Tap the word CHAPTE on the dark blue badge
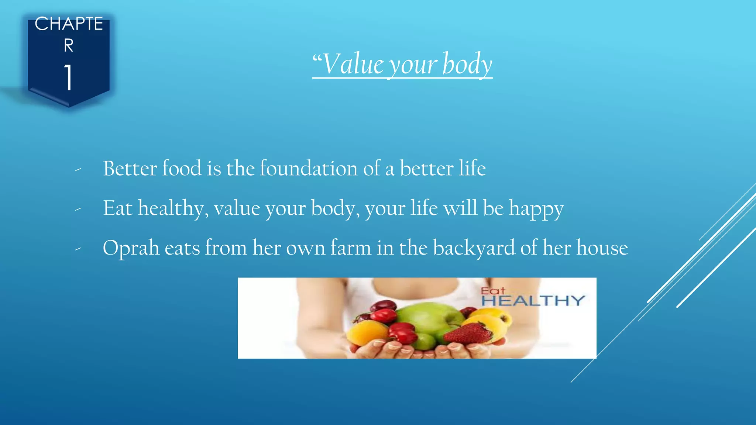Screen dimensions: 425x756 click(x=69, y=24)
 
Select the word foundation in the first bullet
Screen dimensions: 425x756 click(x=309, y=169)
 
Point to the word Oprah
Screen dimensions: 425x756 click(x=131, y=248)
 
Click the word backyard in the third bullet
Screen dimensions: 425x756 click(x=474, y=248)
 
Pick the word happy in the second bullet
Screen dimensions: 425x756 click(x=536, y=209)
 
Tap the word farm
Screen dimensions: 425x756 click(x=350, y=248)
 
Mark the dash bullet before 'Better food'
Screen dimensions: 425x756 click(x=78, y=170)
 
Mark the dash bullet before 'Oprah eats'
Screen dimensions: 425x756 click(x=78, y=249)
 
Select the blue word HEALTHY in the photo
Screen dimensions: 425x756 click(x=533, y=301)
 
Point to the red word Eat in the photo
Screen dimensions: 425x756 click(x=492, y=291)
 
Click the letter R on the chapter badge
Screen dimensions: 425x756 click(x=69, y=46)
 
